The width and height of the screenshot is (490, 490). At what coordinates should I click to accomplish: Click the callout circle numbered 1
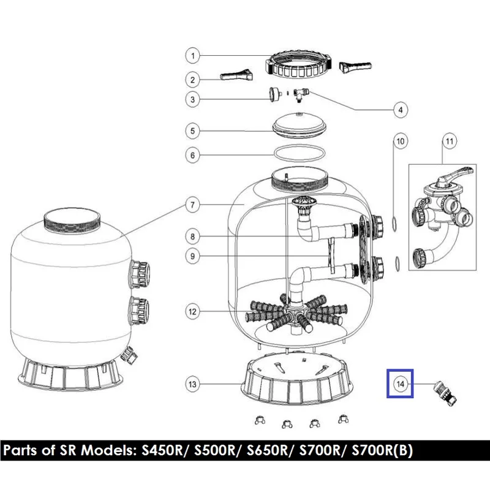point(192,56)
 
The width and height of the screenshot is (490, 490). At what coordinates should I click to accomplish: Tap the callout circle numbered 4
point(401,110)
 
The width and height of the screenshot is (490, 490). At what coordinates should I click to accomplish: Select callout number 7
point(192,205)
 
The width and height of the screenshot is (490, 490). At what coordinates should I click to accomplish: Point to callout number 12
point(192,312)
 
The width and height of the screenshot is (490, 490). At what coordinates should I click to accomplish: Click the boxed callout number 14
point(401,384)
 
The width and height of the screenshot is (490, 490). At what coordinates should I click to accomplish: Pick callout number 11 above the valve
point(449,141)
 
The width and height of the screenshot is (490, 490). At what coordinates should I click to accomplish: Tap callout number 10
point(401,141)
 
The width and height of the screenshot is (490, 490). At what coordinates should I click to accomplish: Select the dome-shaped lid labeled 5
point(300,125)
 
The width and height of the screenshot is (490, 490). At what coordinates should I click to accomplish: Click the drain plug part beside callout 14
point(444,393)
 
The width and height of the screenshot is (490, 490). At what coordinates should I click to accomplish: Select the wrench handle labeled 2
point(236,75)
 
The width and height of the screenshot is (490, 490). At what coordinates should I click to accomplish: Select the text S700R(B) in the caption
point(382,450)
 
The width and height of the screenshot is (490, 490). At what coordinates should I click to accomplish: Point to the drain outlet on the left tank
point(129,355)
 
